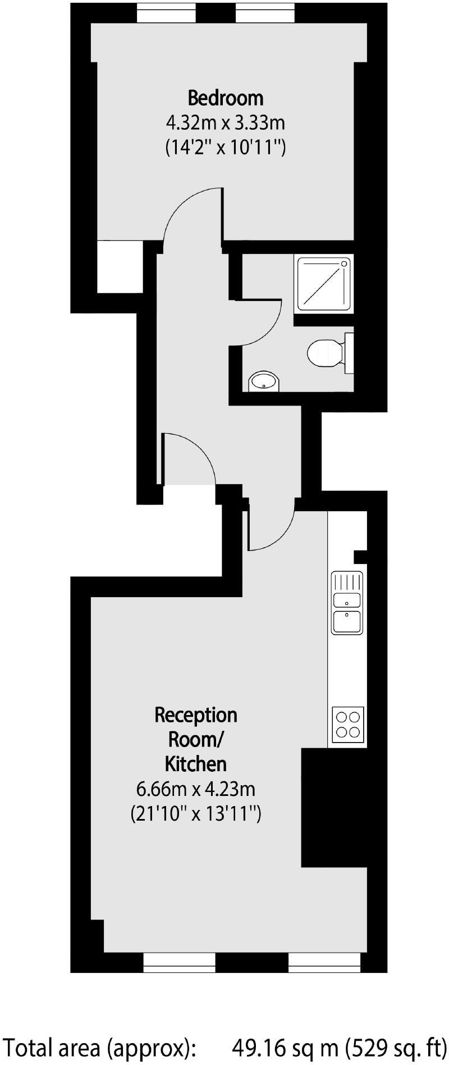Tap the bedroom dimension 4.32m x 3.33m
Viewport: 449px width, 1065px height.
coord(225,122)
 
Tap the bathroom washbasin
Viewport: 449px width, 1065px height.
coord(264,381)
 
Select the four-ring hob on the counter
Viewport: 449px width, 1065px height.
coord(348,724)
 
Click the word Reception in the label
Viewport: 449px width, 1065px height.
coord(196,715)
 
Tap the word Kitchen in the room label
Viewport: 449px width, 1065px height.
coord(196,764)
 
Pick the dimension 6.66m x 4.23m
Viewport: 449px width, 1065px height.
coord(196,789)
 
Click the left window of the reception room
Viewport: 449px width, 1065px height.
coord(179,962)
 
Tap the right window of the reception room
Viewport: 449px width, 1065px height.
coord(324,962)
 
